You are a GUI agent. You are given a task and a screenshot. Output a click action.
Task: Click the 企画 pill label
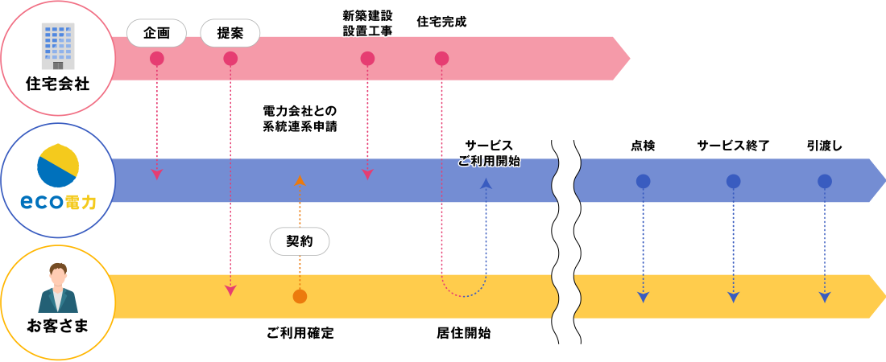coord(157,33)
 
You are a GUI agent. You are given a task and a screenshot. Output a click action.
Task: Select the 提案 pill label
coord(230,33)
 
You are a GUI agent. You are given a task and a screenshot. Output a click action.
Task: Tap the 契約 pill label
coord(300,241)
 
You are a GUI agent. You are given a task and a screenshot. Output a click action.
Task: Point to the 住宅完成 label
coord(441,22)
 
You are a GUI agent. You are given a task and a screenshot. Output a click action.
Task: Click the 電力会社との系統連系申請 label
coord(300,118)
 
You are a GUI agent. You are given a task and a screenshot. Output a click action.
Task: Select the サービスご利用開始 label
coord(488,153)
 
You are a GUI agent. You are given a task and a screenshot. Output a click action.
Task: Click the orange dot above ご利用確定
coord(300,297)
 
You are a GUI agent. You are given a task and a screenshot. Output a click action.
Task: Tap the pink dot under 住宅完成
coord(441,59)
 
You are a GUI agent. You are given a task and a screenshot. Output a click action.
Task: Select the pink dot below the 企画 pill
coord(157,59)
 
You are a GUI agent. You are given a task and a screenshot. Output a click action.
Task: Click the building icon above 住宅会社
coord(57,46)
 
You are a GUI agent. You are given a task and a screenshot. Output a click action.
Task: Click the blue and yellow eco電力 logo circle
coord(58,165)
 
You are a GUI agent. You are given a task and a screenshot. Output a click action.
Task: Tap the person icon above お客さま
coord(58,288)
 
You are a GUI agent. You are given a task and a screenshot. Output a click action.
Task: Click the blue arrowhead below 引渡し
coord(824,298)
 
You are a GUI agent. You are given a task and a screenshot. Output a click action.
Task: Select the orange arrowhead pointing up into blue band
coord(300,180)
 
